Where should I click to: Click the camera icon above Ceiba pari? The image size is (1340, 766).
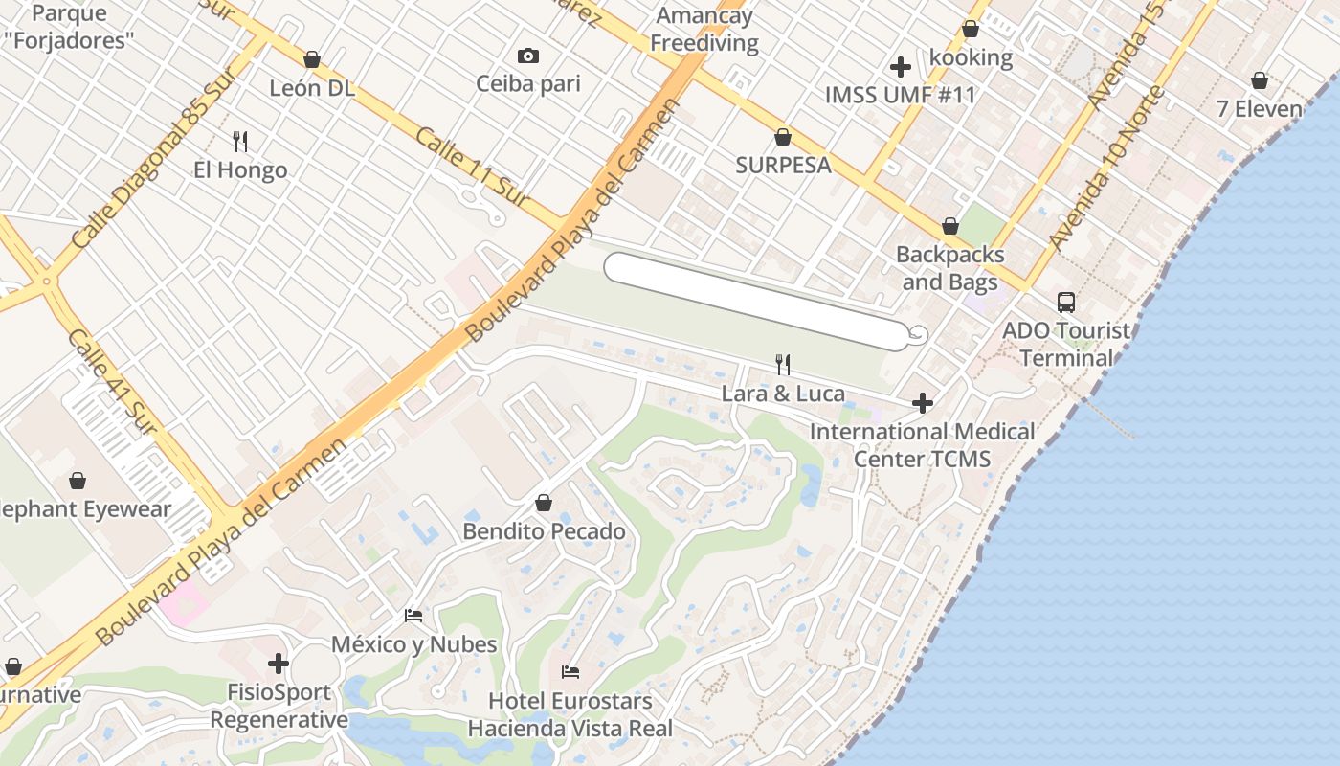coord(527,56)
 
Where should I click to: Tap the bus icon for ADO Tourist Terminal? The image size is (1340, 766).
coord(1065,303)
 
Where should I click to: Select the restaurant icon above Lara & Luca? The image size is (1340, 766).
coord(782,364)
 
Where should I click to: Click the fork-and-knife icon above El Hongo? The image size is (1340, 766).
coord(240,142)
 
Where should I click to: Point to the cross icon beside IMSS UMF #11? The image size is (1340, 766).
coord(900,67)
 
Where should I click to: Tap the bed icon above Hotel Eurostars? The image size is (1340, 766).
coord(570,671)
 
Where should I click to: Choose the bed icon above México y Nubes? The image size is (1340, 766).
coord(413,615)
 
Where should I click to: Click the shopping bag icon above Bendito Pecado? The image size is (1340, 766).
coord(544,503)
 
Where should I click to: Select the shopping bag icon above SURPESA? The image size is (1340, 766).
coord(783,137)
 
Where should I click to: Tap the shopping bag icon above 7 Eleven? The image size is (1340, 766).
coord(1260,80)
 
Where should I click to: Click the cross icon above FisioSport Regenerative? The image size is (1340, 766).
coord(279,663)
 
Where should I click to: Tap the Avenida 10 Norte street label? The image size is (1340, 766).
coord(1106,167)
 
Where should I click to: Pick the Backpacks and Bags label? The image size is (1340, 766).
coord(949,268)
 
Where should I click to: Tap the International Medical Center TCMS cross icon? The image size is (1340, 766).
coord(923,403)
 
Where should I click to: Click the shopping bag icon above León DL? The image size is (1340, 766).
coord(311,59)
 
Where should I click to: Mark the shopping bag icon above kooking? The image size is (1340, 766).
coord(971,30)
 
